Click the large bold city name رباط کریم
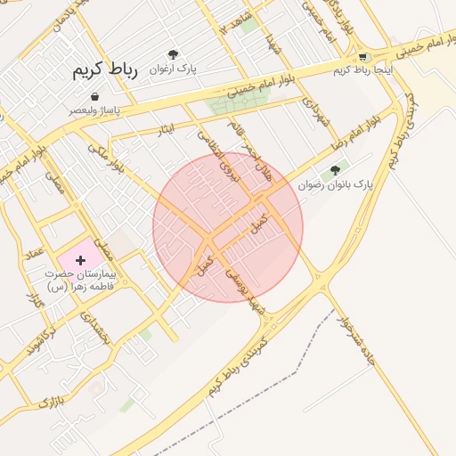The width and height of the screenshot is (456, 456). click(107, 69)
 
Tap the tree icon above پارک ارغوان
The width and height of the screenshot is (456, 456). click(184, 53)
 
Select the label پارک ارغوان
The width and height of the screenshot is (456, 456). click(173, 68)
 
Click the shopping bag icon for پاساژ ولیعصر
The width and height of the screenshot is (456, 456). click(94, 96)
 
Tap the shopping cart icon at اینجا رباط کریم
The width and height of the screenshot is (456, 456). click(362, 55)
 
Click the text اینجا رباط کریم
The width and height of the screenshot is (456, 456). click(361, 69)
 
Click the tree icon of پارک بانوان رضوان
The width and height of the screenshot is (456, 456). click(335, 169)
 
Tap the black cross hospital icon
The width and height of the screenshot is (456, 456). click(81, 260)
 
